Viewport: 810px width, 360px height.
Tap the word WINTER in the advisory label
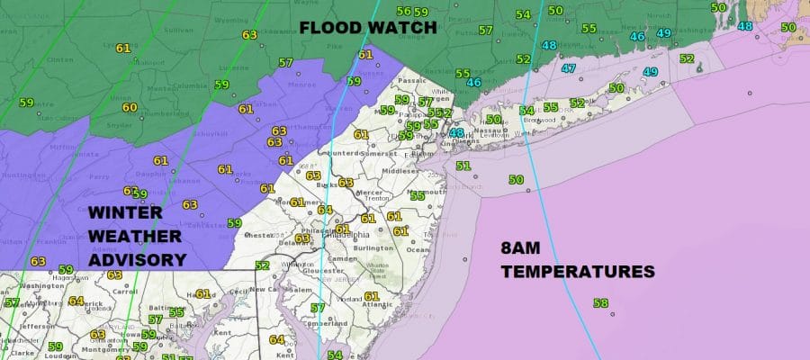(127, 213)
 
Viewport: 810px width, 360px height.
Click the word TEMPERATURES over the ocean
(577, 270)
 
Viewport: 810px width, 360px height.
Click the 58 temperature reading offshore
(601, 304)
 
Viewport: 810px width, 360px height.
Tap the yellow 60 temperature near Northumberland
(130, 107)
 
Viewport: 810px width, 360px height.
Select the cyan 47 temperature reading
(569, 68)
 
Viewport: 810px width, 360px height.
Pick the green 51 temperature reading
(463, 166)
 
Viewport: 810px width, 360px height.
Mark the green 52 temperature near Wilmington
(262, 265)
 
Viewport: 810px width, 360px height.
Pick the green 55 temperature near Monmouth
(418, 195)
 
